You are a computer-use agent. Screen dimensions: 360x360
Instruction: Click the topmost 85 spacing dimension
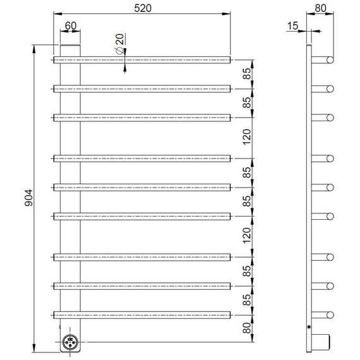click(247, 73)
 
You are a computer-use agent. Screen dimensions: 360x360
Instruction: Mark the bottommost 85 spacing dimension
click(247, 299)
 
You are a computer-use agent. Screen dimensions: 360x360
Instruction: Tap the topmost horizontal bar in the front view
click(143, 59)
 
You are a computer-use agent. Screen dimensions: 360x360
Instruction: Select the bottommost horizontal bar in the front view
click(143, 314)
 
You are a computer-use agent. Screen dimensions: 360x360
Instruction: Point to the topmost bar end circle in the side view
click(330, 59)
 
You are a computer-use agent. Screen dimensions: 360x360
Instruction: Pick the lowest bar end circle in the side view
click(330, 314)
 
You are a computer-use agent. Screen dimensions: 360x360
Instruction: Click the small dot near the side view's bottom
click(308, 327)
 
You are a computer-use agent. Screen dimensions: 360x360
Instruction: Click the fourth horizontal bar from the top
click(143, 158)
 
